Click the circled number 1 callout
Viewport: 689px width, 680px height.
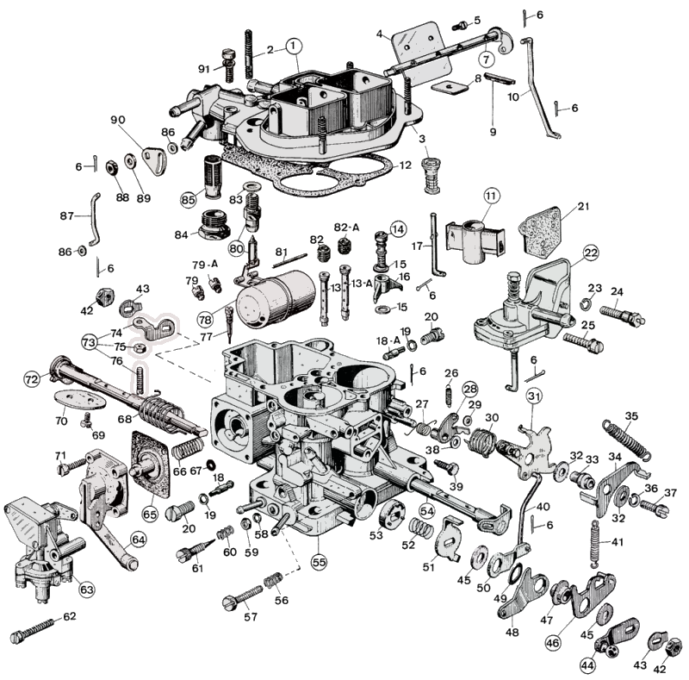point(293,44)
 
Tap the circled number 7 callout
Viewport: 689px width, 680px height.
point(487,59)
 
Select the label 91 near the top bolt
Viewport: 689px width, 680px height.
point(204,69)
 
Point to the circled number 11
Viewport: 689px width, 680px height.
point(491,196)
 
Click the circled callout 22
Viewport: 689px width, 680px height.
point(591,253)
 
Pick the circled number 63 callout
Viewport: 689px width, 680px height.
point(86,590)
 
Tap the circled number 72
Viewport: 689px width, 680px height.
point(32,378)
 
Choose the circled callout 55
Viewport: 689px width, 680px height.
point(320,561)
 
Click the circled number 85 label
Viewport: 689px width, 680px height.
point(189,199)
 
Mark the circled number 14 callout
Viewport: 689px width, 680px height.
point(397,229)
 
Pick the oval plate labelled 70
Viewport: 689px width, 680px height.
point(79,402)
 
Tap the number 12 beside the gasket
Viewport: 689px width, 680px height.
point(406,164)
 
